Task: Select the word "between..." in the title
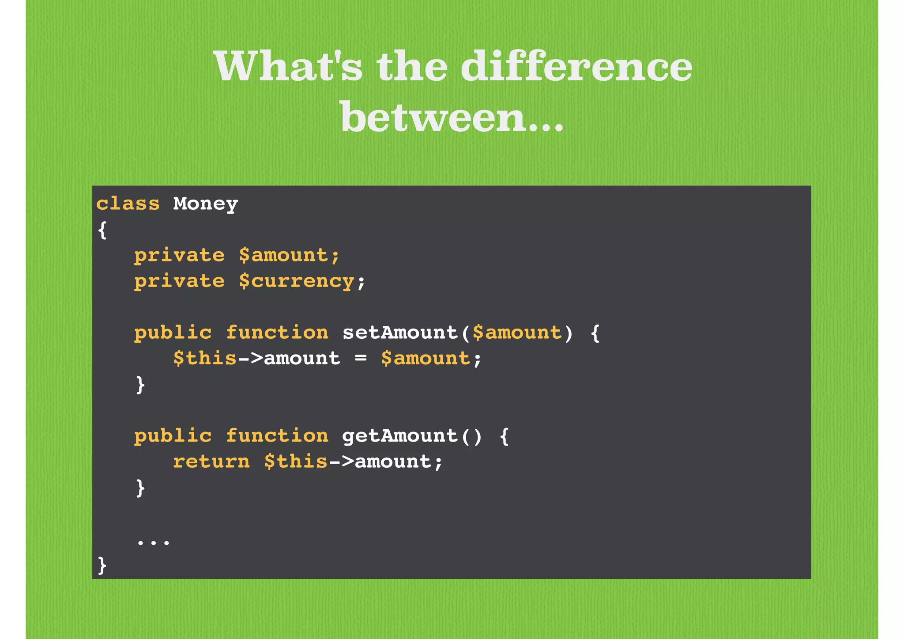pos(452,117)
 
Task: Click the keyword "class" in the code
pos(128,204)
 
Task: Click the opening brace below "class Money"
pos(102,230)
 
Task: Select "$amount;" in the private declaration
pos(289,255)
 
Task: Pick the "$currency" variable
pos(296,281)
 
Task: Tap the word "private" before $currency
pos(179,281)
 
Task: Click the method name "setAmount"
pos(400,333)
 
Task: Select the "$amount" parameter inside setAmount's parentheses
pos(517,333)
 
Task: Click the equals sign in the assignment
pos(361,358)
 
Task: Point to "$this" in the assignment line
pos(205,358)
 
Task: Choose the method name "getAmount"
pos(400,436)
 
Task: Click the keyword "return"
pos(211,462)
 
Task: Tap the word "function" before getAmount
pos(277,436)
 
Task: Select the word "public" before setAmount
pos(173,333)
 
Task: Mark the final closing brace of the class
pos(102,565)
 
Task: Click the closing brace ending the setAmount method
pos(140,385)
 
